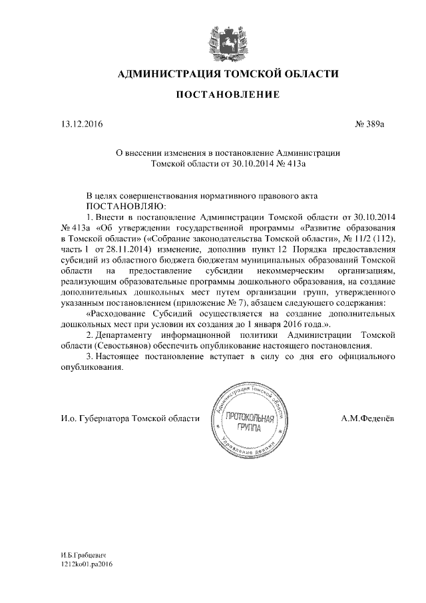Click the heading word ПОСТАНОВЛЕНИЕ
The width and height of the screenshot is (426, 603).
point(228,95)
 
